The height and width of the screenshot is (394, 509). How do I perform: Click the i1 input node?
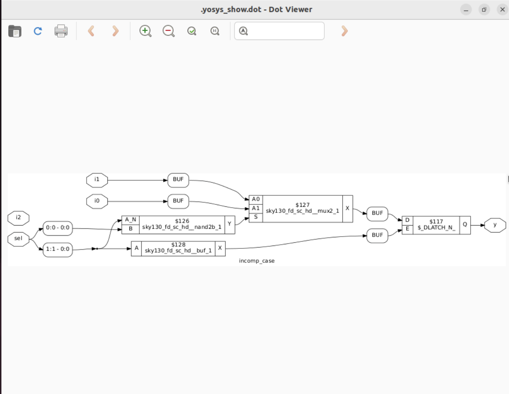97,180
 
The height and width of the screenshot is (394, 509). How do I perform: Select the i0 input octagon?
97,201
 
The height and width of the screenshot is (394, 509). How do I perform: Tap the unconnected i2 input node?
18,218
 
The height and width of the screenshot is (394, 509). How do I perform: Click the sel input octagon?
18,239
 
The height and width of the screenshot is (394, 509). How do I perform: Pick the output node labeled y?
495,225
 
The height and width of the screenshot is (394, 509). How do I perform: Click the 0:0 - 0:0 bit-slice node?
58,228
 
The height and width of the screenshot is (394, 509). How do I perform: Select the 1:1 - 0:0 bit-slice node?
58,249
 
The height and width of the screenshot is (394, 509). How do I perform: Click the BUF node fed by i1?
178,180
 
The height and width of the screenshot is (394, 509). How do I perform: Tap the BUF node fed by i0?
178,201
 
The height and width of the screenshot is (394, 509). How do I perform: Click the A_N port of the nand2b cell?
130,220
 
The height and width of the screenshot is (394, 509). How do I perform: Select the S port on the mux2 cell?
256,217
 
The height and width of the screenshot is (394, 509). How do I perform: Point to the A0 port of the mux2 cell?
256,199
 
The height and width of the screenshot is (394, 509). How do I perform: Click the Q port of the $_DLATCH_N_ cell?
465,225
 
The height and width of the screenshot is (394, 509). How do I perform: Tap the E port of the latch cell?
407,229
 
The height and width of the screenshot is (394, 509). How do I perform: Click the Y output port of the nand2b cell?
230,224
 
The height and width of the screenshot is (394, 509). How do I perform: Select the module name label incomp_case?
257,261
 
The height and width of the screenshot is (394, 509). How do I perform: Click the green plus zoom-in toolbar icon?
145,31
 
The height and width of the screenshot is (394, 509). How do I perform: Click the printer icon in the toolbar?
61,31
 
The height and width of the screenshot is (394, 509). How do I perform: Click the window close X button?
502,9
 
